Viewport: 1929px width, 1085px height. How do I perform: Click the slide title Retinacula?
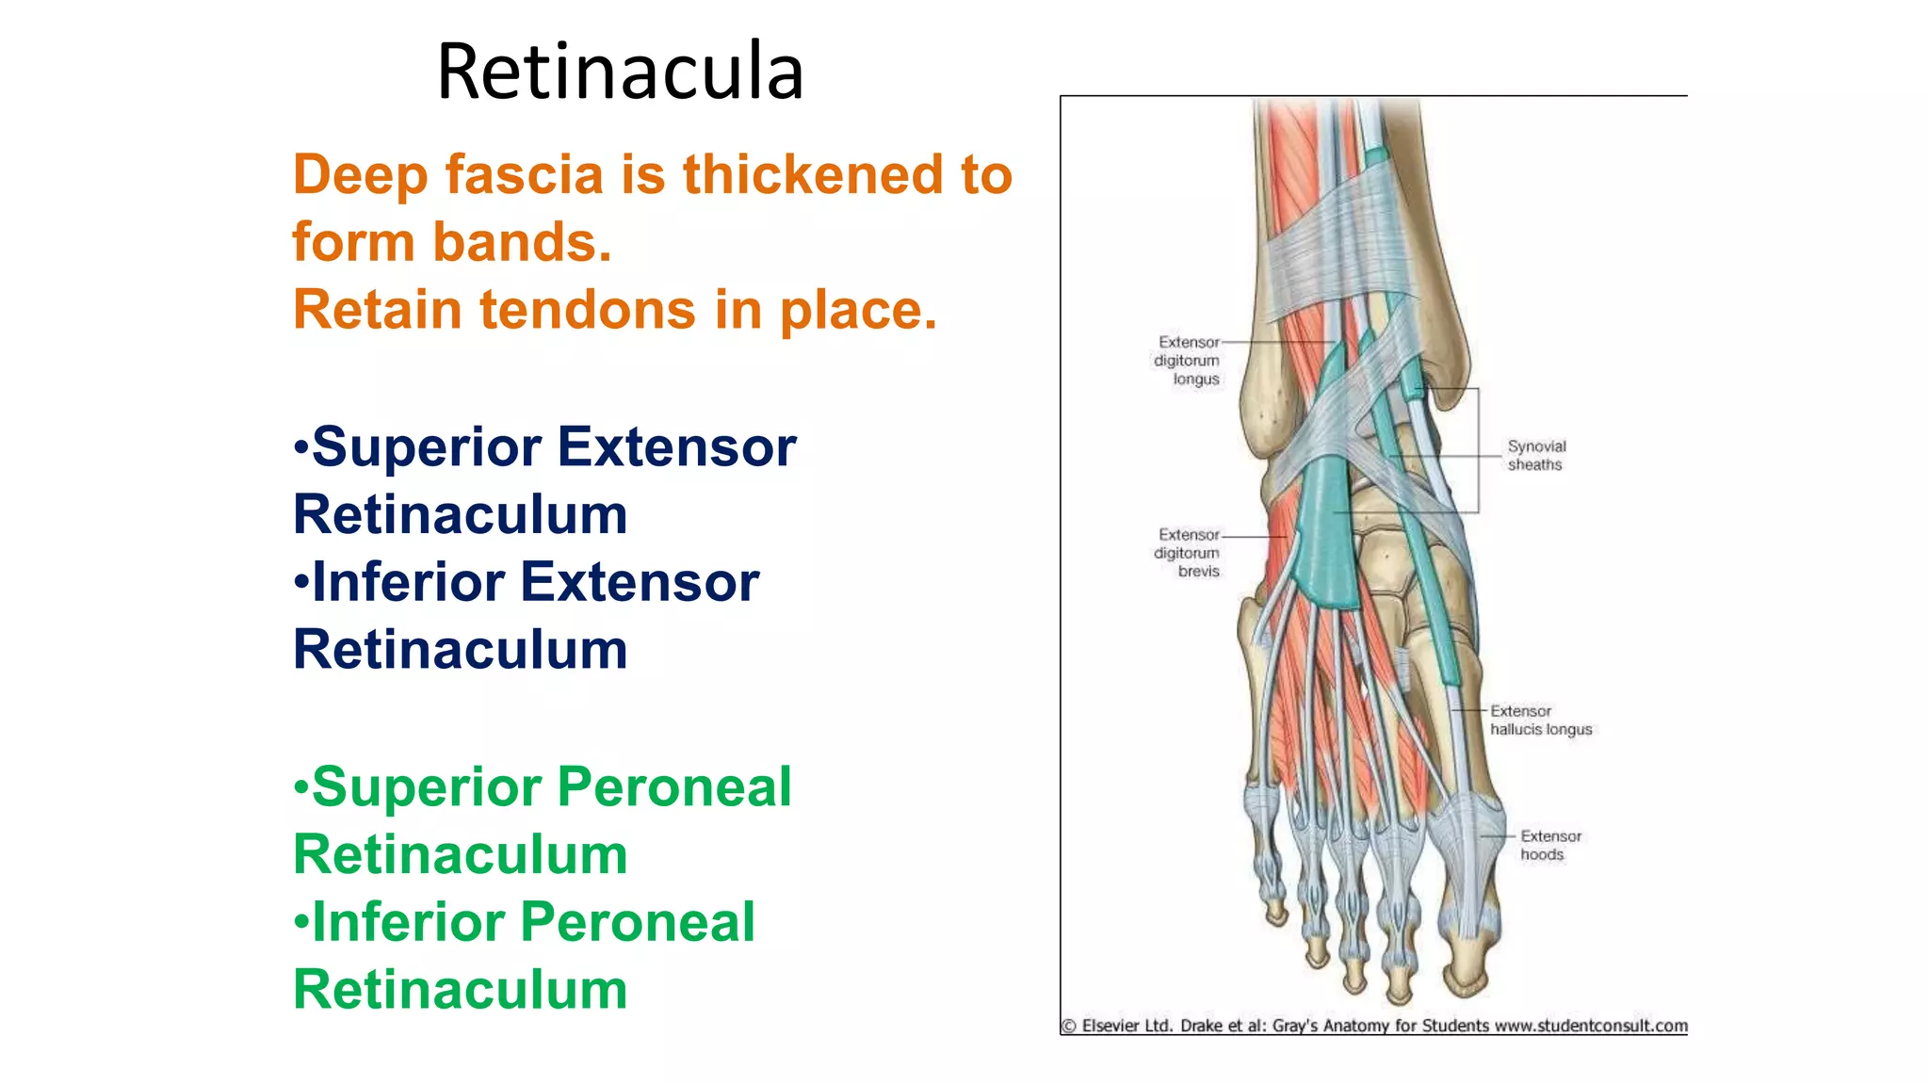point(620,72)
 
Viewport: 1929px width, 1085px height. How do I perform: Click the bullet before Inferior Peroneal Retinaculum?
point(300,921)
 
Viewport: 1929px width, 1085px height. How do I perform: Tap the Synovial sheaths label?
point(1535,456)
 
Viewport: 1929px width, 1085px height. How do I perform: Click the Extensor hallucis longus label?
point(1540,721)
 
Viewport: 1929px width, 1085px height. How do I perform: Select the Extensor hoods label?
point(1549,846)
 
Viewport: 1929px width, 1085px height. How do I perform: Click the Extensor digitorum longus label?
point(1187,361)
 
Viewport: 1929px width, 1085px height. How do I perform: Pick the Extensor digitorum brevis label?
point(1187,553)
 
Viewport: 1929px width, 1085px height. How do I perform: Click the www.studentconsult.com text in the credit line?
point(1591,1026)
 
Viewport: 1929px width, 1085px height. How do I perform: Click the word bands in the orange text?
point(522,243)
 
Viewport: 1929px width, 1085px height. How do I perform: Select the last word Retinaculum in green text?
point(461,989)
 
